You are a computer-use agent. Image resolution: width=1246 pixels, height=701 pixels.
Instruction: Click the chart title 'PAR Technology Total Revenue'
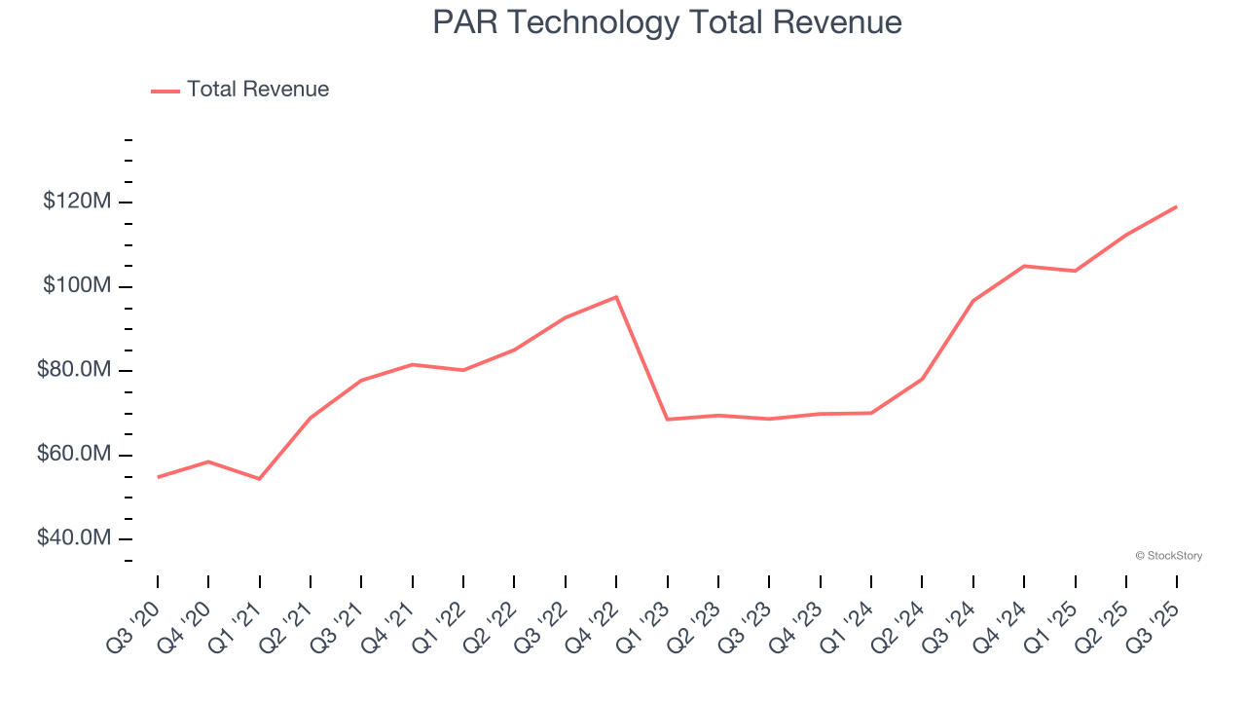(x=667, y=22)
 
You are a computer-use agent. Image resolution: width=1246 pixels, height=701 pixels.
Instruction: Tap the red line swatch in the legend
(x=165, y=91)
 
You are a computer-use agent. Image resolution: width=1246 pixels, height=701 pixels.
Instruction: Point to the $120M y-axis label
(x=77, y=202)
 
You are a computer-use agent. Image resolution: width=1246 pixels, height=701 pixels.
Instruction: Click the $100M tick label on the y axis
(x=77, y=286)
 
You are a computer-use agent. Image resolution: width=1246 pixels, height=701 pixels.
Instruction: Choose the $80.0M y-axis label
(x=74, y=371)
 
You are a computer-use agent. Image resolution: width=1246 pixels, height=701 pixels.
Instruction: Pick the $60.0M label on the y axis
(x=74, y=455)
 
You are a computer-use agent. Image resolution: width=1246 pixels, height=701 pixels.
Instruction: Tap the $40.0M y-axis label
(x=74, y=538)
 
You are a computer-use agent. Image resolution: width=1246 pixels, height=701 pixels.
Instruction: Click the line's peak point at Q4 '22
(x=616, y=297)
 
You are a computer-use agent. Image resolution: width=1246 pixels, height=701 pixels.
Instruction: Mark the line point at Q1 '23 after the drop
(x=668, y=420)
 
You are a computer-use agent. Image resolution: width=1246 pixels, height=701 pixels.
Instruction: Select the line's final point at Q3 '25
(x=1177, y=206)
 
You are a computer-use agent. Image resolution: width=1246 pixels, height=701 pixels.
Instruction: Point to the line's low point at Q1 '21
(x=260, y=479)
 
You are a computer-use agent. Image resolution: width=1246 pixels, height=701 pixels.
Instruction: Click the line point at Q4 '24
(x=1024, y=266)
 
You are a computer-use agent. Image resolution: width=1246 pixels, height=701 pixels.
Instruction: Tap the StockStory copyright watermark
(x=1168, y=556)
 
